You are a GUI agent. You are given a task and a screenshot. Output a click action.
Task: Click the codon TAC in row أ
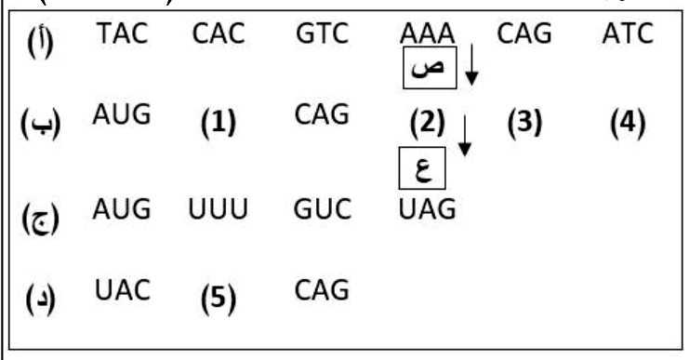pos(123,33)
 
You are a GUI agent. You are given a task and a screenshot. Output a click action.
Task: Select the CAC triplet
pos(219,33)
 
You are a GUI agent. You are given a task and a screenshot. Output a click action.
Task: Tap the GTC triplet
pos(322,33)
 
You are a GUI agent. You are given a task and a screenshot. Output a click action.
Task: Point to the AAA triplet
pos(427,33)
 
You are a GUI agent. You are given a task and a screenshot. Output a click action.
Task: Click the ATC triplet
pos(628,33)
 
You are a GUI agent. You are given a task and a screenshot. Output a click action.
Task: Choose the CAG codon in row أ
pos(523,33)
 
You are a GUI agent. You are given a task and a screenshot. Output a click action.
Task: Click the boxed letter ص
pos(430,68)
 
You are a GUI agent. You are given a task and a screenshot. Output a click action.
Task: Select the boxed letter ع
pos(422,168)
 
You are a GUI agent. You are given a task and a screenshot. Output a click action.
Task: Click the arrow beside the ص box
pos(471,64)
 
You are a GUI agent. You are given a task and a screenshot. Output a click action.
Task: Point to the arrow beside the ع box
pos(465,136)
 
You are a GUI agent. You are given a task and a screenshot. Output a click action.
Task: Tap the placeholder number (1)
pos(219,123)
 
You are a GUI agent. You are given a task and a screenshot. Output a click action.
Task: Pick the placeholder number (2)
pos(427,123)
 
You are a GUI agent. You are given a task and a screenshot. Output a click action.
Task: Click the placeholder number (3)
pos(524,123)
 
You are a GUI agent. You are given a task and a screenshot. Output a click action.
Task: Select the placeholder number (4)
pos(628,123)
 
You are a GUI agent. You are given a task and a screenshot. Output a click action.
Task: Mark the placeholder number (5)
pos(219,299)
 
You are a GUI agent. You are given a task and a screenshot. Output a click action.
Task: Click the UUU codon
pos(218,209)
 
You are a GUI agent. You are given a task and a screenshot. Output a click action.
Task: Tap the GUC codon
pos(322,209)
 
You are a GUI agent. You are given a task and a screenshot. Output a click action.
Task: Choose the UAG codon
pos(427,209)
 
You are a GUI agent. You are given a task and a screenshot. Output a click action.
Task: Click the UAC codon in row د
pos(123,290)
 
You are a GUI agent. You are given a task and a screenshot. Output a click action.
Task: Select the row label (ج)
pos(40,219)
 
